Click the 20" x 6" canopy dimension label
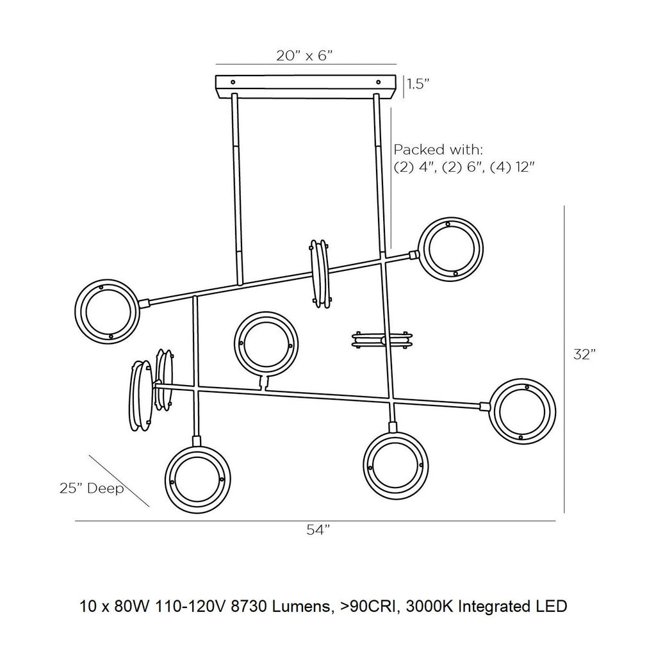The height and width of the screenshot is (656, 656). pyautogui.click(x=305, y=56)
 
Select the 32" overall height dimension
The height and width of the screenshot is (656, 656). pyautogui.click(x=584, y=354)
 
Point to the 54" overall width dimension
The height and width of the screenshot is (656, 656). pyautogui.click(x=318, y=530)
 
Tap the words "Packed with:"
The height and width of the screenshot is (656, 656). pyautogui.click(x=438, y=150)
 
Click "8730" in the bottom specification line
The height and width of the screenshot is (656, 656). pyautogui.click(x=283, y=605)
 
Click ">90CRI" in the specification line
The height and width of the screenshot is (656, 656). pyautogui.click(x=392, y=605)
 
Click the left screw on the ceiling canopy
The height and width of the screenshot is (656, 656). pyautogui.click(x=233, y=82)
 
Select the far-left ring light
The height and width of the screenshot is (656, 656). pyautogui.click(x=106, y=311)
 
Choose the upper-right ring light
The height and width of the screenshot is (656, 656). pyautogui.click(x=450, y=249)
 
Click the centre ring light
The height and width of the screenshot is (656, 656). pyautogui.click(x=266, y=344)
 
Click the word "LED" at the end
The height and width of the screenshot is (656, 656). pyautogui.click(x=553, y=605)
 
